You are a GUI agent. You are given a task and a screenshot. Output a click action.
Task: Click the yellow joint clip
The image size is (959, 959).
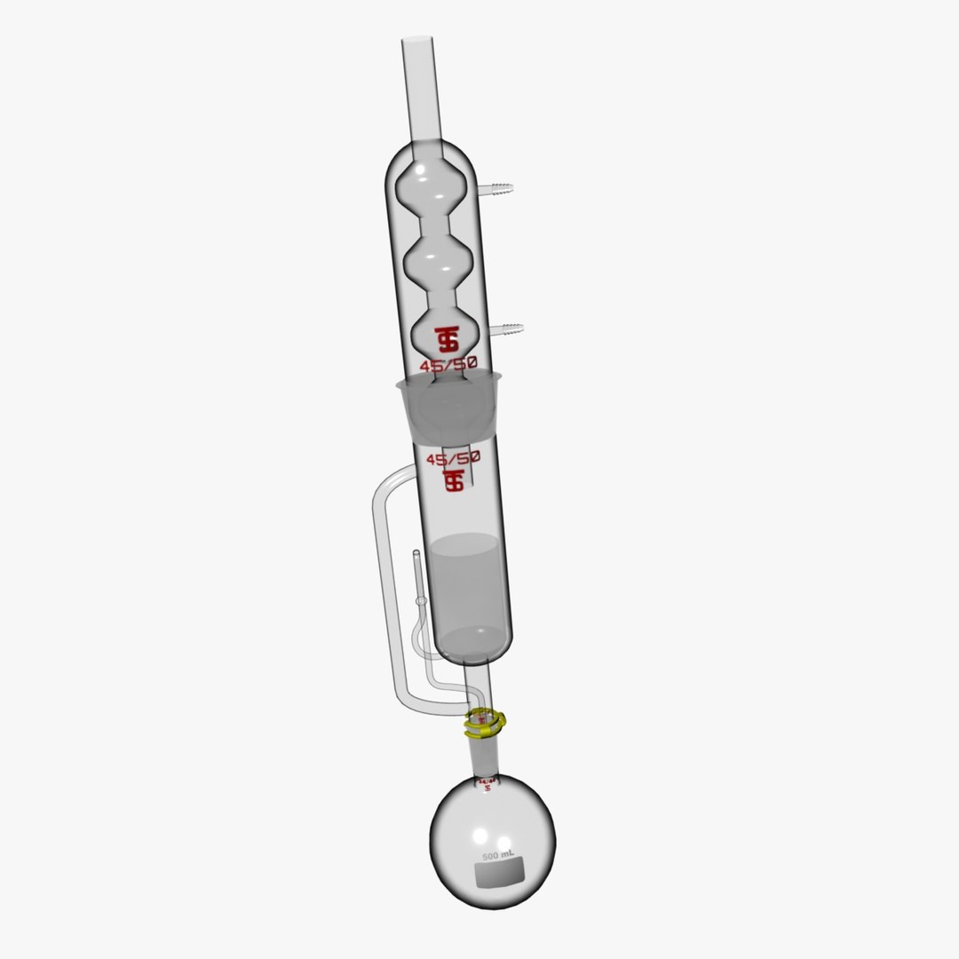pos(485,724)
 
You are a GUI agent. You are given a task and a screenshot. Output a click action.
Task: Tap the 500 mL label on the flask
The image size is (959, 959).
pos(499,855)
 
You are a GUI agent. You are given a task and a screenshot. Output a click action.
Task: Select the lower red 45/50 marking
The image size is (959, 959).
pos(453,459)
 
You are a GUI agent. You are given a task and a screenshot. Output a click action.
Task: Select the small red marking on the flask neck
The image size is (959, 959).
pos(486,784)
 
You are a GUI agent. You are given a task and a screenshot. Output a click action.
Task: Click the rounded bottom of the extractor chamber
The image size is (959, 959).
pos(474,653)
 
